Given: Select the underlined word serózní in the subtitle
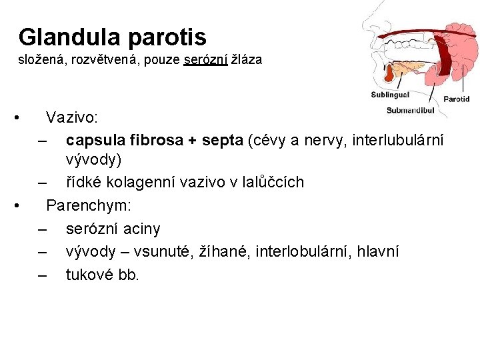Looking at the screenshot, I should [206, 60].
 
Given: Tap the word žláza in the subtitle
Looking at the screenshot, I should [246, 60].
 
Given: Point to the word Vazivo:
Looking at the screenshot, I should [72, 118].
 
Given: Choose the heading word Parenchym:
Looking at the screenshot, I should [89, 205].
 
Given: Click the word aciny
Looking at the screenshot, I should [138, 229].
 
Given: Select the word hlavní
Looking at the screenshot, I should [378, 251].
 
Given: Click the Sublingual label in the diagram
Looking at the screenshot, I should [390, 95].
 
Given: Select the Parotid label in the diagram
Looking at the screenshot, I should [457, 99].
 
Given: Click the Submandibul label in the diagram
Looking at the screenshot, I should [410, 109].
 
